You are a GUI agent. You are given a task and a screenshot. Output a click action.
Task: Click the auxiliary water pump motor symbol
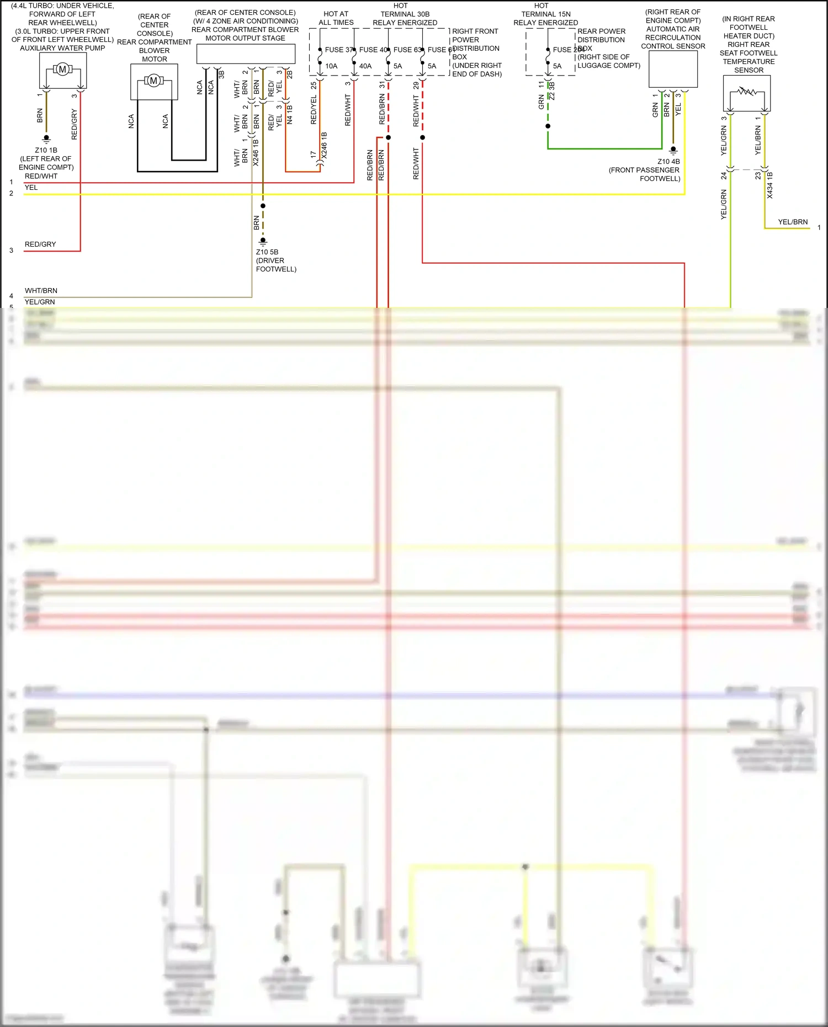click(x=62, y=70)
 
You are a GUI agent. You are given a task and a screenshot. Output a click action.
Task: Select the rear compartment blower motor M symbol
click(x=154, y=81)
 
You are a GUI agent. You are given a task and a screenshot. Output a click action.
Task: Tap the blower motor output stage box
click(x=246, y=54)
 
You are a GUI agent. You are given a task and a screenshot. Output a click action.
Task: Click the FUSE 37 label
click(x=338, y=50)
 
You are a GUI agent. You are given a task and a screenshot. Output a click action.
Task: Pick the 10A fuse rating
click(x=331, y=66)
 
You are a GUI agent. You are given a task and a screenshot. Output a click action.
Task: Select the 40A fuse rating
click(x=365, y=66)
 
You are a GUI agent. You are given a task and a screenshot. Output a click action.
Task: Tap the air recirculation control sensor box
click(x=673, y=69)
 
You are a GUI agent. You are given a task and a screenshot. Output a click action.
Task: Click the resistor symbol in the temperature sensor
click(x=747, y=91)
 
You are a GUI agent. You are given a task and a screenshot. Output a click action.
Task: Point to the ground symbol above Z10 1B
click(x=46, y=139)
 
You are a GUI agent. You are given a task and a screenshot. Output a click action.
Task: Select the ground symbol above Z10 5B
click(x=263, y=241)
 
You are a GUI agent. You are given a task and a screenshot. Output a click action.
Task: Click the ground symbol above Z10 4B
click(x=673, y=150)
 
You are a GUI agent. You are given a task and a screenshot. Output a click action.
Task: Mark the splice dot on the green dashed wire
click(x=548, y=126)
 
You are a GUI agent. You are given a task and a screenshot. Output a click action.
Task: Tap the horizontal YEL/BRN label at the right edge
click(x=793, y=222)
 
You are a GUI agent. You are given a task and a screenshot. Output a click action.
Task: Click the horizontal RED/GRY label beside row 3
click(x=40, y=244)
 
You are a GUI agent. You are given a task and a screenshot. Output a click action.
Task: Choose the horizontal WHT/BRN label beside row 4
click(x=41, y=290)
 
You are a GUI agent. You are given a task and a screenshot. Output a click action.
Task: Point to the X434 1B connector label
click(x=770, y=185)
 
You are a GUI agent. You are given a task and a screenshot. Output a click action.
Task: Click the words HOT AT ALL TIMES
click(x=336, y=18)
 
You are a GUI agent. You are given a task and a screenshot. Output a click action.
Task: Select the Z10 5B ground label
click(x=267, y=252)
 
